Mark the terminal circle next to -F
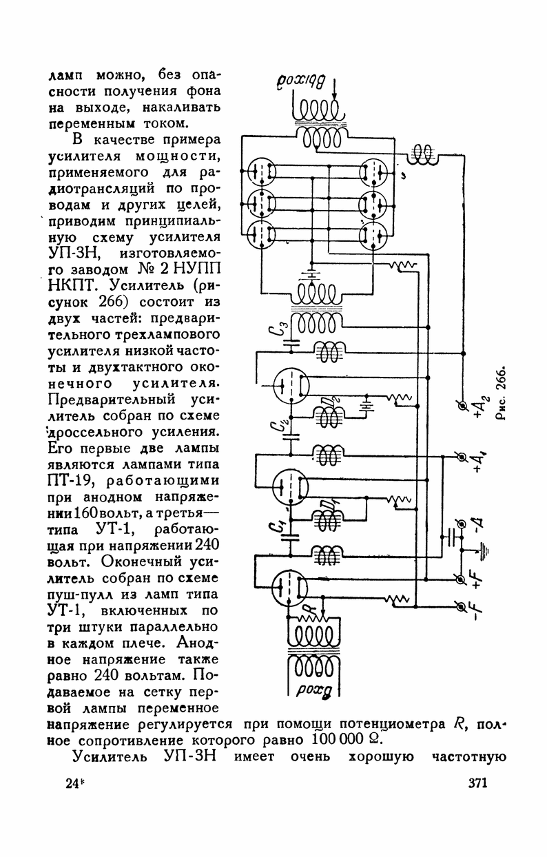[462, 606]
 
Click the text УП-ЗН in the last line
[193, 758]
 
